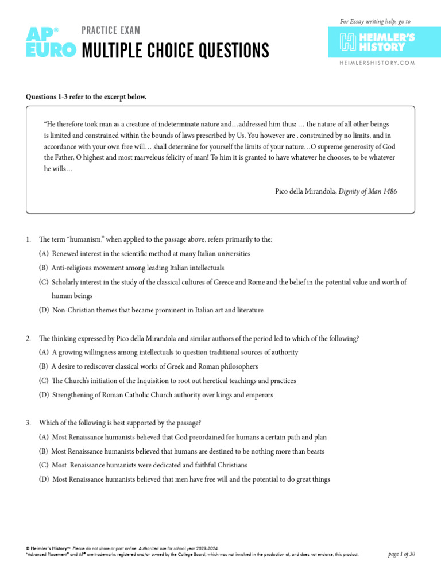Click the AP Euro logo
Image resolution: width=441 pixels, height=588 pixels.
[x=50, y=42]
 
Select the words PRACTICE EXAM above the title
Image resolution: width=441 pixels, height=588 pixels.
[x=111, y=30]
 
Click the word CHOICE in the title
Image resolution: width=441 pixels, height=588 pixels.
[x=183, y=51]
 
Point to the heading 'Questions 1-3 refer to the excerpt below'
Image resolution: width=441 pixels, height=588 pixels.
[x=86, y=96]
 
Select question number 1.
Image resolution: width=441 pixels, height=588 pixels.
[x=28, y=238]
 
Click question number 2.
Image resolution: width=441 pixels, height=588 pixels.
[x=28, y=339]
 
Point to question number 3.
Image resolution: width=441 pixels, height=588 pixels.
[x=28, y=423]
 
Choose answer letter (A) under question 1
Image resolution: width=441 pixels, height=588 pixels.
[x=44, y=253]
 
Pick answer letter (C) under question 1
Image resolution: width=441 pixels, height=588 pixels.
[x=44, y=282]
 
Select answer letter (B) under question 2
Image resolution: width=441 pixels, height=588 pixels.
[x=44, y=366]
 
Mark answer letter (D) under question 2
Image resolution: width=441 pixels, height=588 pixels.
[x=44, y=395]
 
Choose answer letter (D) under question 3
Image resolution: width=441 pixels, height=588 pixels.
[x=44, y=479]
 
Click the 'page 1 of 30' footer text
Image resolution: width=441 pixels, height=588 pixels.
[x=401, y=554]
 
